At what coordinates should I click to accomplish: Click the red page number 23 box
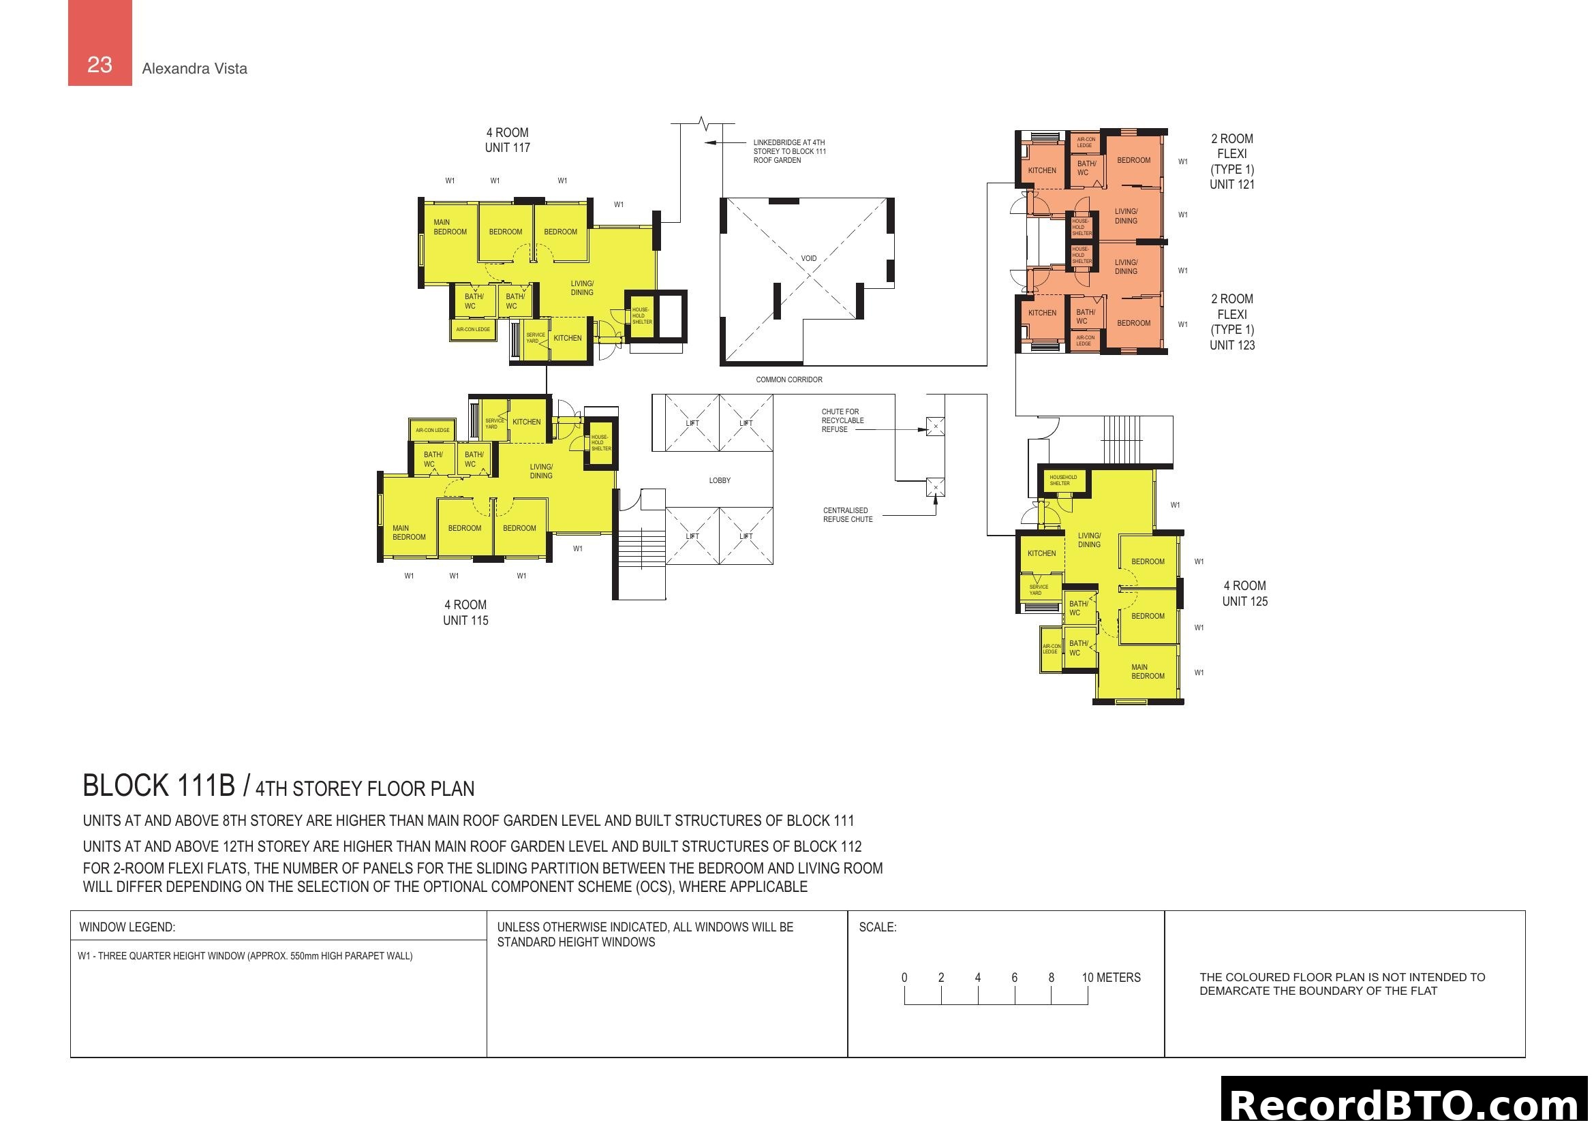click(100, 43)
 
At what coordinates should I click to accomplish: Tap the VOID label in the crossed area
click(809, 258)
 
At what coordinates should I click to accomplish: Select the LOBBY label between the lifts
click(720, 480)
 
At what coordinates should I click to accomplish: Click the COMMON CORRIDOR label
click(789, 380)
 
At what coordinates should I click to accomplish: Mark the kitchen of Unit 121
click(1042, 170)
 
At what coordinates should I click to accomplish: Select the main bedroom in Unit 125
click(1148, 671)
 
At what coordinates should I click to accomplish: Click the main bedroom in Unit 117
click(450, 227)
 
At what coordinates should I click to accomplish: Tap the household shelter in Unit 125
click(1063, 480)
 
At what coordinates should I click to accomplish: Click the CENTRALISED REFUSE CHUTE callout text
click(848, 515)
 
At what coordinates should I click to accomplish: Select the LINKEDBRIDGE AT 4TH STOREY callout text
click(790, 151)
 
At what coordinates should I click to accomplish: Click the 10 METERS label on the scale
click(1111, 977)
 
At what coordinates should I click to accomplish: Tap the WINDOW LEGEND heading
click(127, 927)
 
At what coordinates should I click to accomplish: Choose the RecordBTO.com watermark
click(1407, 1103)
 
